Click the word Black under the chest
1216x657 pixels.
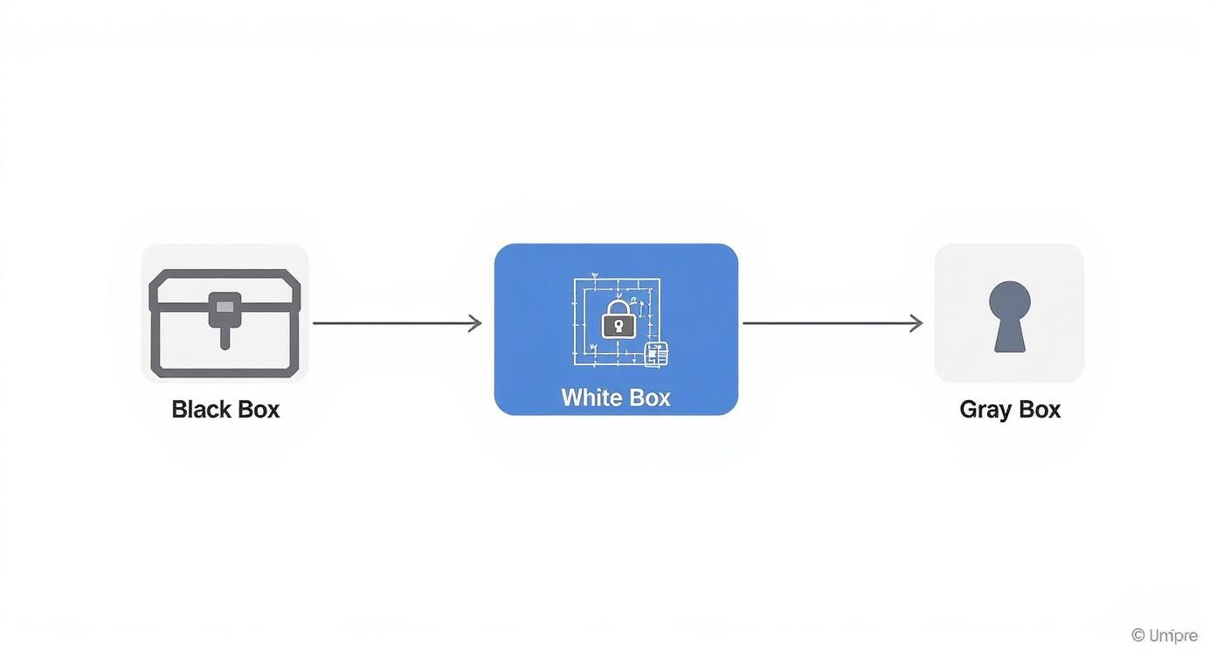coord(200,409)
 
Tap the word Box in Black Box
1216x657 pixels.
coord(258,409)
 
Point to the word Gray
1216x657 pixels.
coord(985,410)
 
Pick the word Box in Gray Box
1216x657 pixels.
coord(1040,409)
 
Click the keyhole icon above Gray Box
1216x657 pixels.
coord(1010,316)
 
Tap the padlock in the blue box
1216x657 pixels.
coord(618,319)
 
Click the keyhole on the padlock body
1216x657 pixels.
coord(618,327)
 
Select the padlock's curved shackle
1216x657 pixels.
coord(618,307)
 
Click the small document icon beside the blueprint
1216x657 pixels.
coord(656,355)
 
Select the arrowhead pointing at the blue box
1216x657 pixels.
coord(476,323)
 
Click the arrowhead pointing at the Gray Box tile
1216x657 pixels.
coord(917,323)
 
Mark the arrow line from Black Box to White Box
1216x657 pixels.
coord(393,323)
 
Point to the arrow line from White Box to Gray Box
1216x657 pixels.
coord(830,323)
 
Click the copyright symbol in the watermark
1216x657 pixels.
coord(1137,635)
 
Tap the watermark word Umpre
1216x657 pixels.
coord(1174,635)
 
